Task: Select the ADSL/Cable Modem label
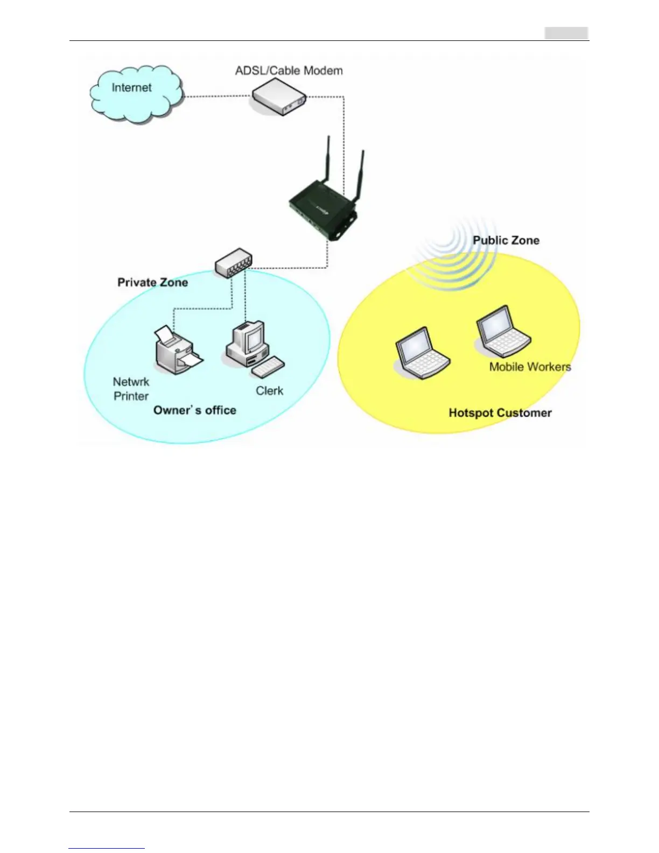(x=289, y=71)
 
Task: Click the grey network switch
(x=233, y=262)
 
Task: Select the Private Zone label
(x=152, y=282)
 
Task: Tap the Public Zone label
(x=506, y=241)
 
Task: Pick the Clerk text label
(x=269, y=391)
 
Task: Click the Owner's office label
(x=194, y=410)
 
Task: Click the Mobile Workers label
(x=530, y=367)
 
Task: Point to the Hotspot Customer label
(x=500, y=413)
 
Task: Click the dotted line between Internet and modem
(x=217, y=97)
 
